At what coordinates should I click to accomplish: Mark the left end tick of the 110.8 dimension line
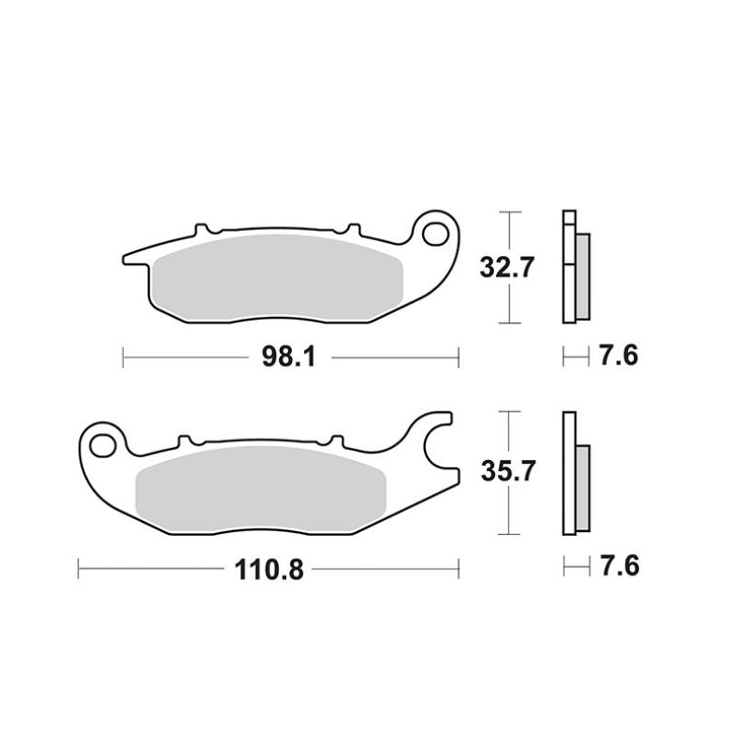tap(79, 568)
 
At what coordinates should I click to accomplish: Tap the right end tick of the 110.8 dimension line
tap(459, 568)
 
